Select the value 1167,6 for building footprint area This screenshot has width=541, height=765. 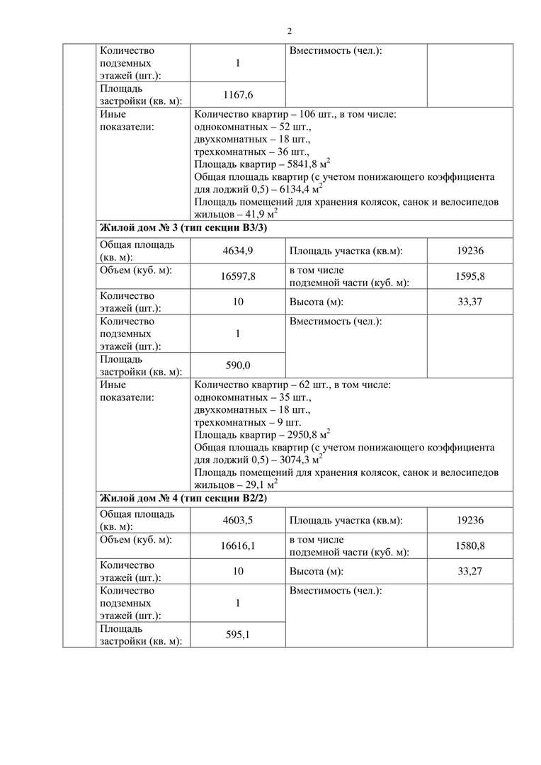point(238,95)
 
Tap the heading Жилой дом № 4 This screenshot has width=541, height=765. point(184,499)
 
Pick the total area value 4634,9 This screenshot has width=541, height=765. point(238,251)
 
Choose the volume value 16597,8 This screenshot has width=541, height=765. point(238,277)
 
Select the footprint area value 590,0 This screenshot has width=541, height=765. point(238,365)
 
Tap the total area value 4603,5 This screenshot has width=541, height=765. point(238,521)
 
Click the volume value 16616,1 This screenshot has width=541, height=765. point(238,546)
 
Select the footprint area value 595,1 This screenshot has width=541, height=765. point(238,635)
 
